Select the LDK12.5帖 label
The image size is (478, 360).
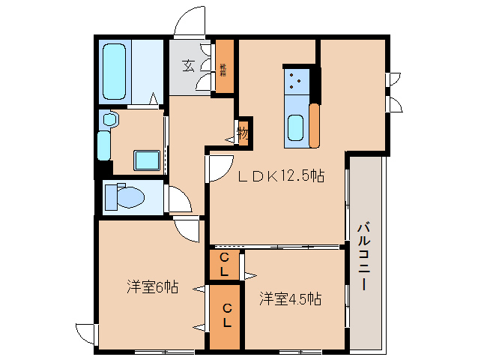pyautogui.click(x=281, y=177)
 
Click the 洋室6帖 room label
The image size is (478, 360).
pyautogui.click(x=152, y=286)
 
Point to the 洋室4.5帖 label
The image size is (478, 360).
pyautogui.click(x=291, y=299)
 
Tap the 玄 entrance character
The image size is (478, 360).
pyautogui.click(x=188, y=65)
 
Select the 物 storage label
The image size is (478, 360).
pyautogui.click(x=243, y=133)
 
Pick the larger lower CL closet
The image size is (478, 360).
pyautogui.click(x=226, y=316)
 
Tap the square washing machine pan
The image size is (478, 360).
pyautogui.click(x=145, y=160)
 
